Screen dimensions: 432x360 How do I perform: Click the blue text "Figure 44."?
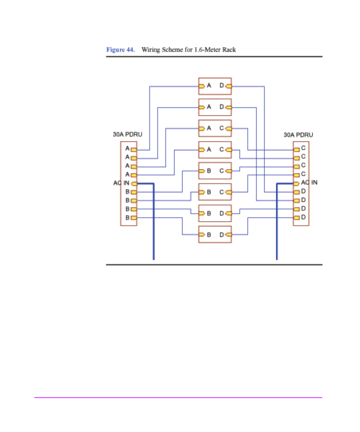click(120, 50)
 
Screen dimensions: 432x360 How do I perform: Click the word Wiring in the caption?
click(151, 50)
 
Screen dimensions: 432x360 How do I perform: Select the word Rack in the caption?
click(229, 50)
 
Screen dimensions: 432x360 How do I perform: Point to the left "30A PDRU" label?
click(127, 134)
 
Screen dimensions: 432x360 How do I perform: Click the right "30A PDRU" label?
click(298, 135)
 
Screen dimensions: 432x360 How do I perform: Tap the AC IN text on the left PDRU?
click(121, 183)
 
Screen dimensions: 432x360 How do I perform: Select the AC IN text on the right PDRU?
click(309, 182)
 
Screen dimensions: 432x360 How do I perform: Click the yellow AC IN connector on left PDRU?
click(134, 183)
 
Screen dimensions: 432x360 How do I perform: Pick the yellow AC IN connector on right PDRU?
click(296, 183)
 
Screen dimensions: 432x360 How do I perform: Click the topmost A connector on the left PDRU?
click(134, 150)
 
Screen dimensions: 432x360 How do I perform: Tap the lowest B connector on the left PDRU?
click(134, 218)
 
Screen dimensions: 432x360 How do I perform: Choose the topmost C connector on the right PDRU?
click(296, 150)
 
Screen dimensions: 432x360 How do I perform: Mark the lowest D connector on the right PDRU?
click(296, 218)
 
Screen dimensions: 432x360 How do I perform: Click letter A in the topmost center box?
click(209, 86)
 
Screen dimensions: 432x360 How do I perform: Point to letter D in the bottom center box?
click(221, 235)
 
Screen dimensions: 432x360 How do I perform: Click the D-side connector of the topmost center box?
click(228, 86)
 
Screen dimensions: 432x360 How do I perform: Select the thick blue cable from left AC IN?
click(153, 227)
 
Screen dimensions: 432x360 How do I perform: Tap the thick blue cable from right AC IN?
click(277, 227)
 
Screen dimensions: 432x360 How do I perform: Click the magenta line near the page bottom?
click(178, 397)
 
